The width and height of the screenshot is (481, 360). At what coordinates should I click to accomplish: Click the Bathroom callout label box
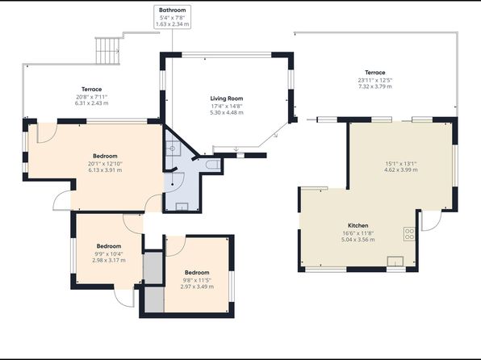click(172, 17)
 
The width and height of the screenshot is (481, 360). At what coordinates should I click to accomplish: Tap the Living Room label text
click(227, 98)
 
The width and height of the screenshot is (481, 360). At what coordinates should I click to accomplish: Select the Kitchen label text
click(358, 225)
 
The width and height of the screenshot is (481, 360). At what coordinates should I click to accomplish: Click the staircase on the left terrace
click(107, 50)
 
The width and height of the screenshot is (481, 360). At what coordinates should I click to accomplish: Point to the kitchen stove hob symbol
click(409, 234)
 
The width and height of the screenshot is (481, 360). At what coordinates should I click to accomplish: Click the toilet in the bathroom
click(213, 165)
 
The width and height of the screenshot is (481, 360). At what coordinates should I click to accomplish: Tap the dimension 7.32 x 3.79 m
click(374, 86)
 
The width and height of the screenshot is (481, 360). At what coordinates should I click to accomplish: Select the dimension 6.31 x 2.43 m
click(91, 103)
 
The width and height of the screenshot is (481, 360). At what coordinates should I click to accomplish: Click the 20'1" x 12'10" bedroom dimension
click(105, 164)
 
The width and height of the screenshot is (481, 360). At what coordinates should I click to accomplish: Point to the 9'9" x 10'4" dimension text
click(109, 253)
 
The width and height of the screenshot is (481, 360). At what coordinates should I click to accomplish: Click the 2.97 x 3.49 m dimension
click(197, 287)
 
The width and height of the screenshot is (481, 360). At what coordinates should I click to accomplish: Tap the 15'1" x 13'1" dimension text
click(400, 164)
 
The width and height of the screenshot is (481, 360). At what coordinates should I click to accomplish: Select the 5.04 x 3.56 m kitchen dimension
click(358, 240)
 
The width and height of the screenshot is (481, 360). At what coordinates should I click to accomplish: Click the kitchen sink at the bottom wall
click(395, 262)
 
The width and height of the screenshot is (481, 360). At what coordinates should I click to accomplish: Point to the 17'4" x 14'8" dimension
click(227, 107)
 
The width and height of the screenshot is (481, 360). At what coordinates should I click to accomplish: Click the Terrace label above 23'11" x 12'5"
click(374, 73)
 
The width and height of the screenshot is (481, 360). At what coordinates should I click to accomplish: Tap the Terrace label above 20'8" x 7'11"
click(91, 90)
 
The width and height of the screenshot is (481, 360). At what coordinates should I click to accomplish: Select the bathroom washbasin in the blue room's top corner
click(173, 149)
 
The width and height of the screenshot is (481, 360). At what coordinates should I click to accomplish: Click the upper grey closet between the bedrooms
click(153, 268)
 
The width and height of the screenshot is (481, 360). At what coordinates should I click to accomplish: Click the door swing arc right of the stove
click(435, 225)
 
